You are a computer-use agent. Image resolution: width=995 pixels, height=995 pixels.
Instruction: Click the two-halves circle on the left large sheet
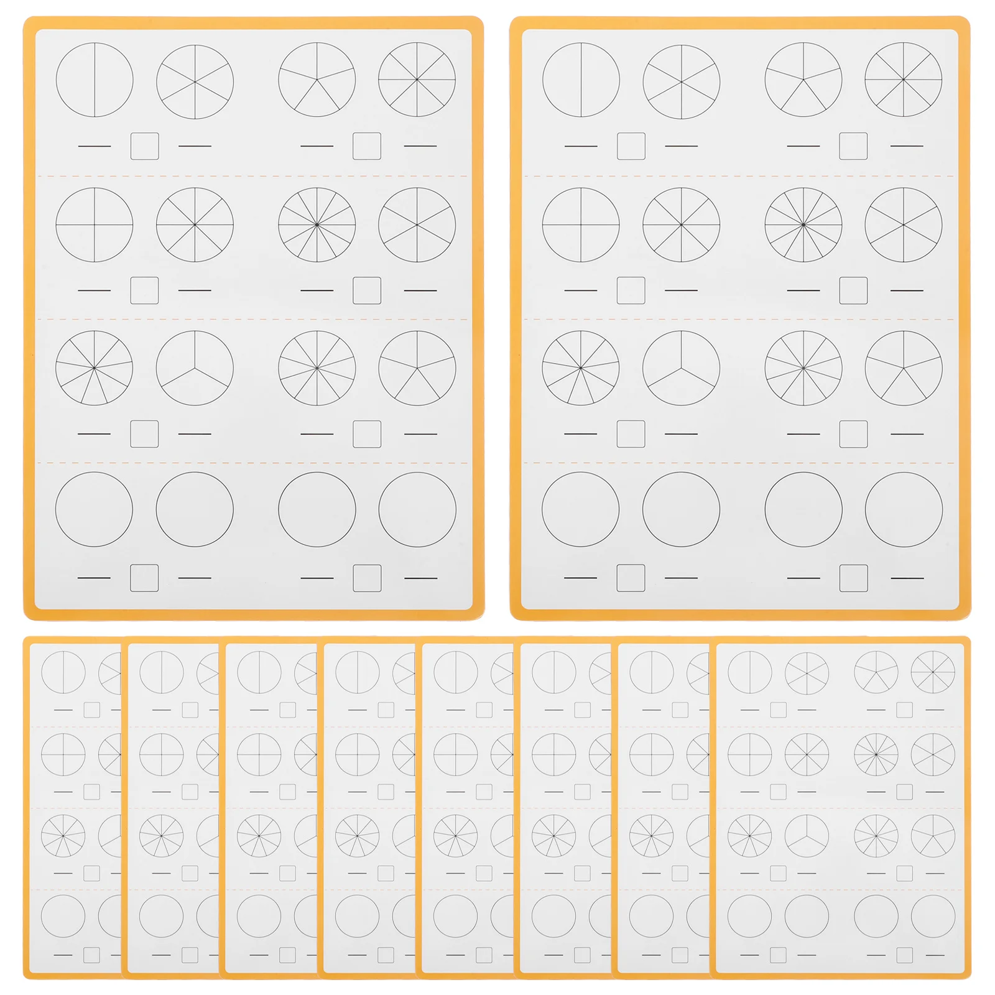point(95,80)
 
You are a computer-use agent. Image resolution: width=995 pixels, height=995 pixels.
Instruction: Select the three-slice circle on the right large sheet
point(681,368)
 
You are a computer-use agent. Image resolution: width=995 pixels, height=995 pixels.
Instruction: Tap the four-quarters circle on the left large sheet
point(95,224)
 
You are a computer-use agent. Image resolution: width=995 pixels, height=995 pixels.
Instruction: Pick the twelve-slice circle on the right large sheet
point(803,224)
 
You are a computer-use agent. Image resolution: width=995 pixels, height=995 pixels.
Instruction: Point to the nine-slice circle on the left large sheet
point(95,368)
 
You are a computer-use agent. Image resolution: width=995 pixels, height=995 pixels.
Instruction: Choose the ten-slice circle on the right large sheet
point(803,368)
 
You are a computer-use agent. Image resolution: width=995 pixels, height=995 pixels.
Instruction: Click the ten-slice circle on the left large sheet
point(317,368)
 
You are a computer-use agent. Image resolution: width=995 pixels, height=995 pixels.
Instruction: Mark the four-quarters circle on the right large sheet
point(581,224)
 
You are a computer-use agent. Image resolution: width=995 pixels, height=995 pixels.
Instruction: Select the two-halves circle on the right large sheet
point(581,80)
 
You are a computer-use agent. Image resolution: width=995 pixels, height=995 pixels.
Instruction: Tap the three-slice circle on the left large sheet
point(195,368)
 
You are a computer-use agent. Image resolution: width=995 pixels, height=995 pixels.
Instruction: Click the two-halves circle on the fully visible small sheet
point(750,672)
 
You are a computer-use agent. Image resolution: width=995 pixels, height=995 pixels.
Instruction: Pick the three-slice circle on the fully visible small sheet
point(807,836)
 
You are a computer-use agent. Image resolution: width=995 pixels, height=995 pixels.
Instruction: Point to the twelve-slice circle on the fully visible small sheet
point(876,754)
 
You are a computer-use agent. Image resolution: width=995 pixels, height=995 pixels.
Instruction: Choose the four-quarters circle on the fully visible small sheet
point(750,754)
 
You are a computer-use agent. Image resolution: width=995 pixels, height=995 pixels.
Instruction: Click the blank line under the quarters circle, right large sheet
point(581,290)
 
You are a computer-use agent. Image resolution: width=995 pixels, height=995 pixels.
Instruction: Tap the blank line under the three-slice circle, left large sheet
point(195,434)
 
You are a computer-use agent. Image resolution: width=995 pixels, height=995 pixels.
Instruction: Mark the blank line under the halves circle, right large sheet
point(581,146)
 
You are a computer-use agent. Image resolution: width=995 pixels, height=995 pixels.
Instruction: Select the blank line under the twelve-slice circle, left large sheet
point(317,290)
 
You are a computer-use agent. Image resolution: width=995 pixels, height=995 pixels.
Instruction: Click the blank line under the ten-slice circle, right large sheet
point(803,434)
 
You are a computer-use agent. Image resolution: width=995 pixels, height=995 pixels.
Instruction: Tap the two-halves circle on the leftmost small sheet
point(63,672)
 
